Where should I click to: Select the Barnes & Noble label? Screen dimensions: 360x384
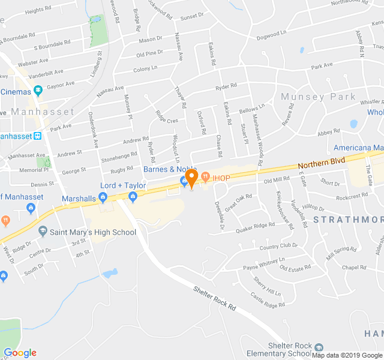[x=170, y=169]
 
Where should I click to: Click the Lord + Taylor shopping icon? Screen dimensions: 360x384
[x=133, y=196]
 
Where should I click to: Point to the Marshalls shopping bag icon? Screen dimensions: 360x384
[x=103, y=196]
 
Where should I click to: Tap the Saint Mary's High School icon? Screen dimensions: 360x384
[x=43, y=231]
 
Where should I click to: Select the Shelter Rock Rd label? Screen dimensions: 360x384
[x=215, y=299]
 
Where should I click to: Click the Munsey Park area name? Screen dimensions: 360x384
[x=318, y=97]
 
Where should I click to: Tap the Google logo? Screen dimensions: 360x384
[x=20, y=353]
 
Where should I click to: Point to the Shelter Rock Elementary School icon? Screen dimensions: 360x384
[x=319, y=347]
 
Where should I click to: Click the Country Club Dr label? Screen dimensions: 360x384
[x=278, y=247]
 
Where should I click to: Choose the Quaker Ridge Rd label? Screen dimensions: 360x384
[x=256, y=226]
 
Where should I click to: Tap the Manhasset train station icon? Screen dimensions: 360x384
[x=38, y=136]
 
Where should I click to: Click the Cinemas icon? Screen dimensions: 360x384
[x=38, y=91]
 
